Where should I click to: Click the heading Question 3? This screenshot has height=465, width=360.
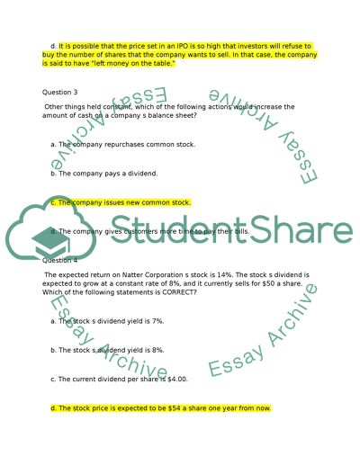[60, 93]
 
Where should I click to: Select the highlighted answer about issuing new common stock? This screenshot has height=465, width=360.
[121, 202]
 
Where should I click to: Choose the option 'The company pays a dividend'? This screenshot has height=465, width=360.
[106, 173]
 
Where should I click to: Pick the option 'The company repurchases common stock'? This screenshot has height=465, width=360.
[124, 144]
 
